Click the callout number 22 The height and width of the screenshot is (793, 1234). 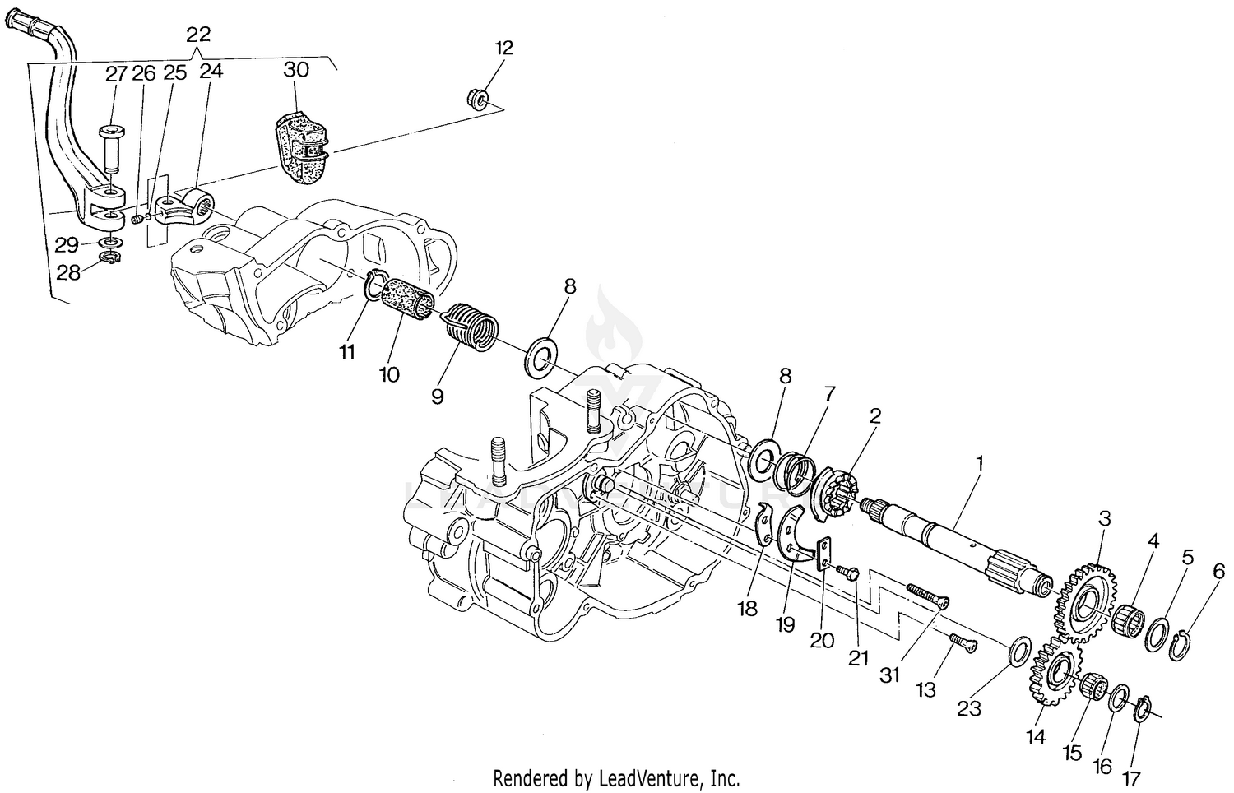[x=198, y=35]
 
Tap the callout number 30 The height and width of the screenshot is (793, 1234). [x=295, y=69]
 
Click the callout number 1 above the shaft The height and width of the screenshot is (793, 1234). [x=979, y=463]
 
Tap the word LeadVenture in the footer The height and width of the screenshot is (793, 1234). [x=658, y=777]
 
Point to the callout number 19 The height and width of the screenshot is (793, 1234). [x=785, y=624]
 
